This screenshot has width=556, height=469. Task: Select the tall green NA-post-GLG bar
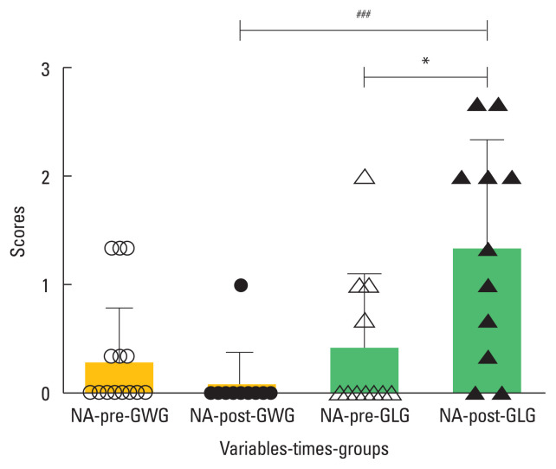487,321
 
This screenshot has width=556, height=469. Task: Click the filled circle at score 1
241,285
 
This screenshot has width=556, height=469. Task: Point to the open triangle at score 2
365,178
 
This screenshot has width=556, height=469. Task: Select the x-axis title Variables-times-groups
302,450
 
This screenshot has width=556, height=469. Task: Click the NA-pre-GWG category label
119,417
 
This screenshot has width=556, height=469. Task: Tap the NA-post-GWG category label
242,417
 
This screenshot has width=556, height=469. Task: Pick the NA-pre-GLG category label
364,417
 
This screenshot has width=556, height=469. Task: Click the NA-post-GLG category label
487,417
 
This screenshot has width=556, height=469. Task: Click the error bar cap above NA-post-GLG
487,140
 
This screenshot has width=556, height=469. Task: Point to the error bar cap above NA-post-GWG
241,352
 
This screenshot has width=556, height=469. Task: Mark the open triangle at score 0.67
365,321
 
